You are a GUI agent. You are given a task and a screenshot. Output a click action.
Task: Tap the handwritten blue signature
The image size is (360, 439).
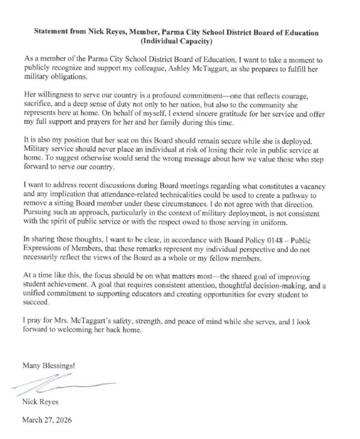click(x=64, y=384)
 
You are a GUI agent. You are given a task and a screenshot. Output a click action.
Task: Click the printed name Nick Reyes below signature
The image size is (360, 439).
click(x=40, y=402)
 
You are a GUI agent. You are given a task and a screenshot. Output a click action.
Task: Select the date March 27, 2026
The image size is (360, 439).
click(x=47, y=420)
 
